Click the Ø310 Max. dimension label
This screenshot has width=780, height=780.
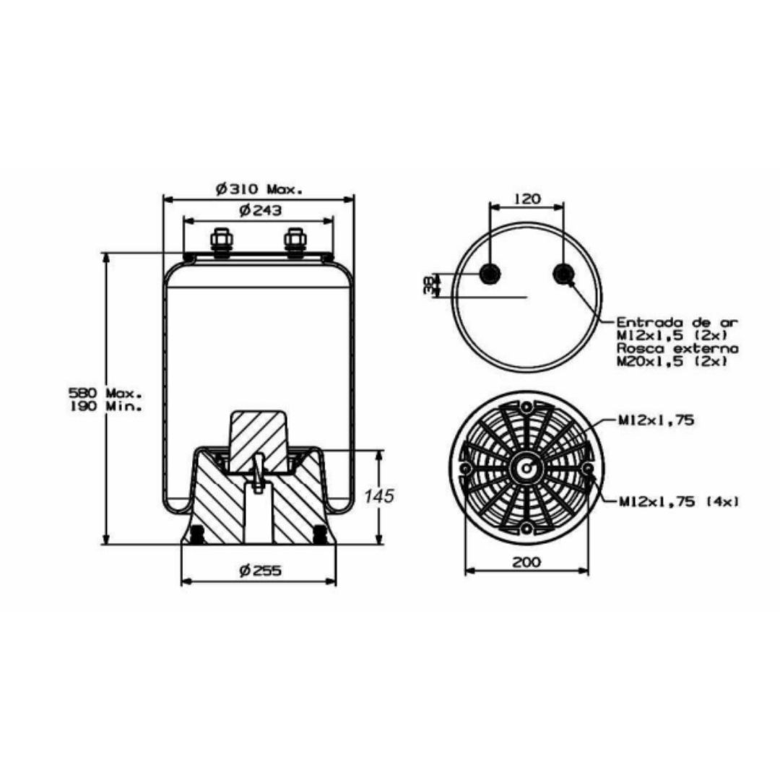pyautogui.click(x=259, y=189)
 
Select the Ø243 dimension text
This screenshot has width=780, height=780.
pyautogui.click(x=260, y=210)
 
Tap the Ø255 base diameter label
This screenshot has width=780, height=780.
pyautogui.click(x=260, y=570)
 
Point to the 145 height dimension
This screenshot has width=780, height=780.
pyautogui.click(x=379, y=496)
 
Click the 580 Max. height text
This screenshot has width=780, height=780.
pyautogui.click(x=105, y=392)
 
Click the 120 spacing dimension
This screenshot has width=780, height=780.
pyautogui.click(x=526, y=199)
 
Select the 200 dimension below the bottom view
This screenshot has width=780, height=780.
pyautogui.click(x=526, y=562)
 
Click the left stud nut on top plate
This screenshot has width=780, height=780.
pyautogui.click(x=222, y=242)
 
